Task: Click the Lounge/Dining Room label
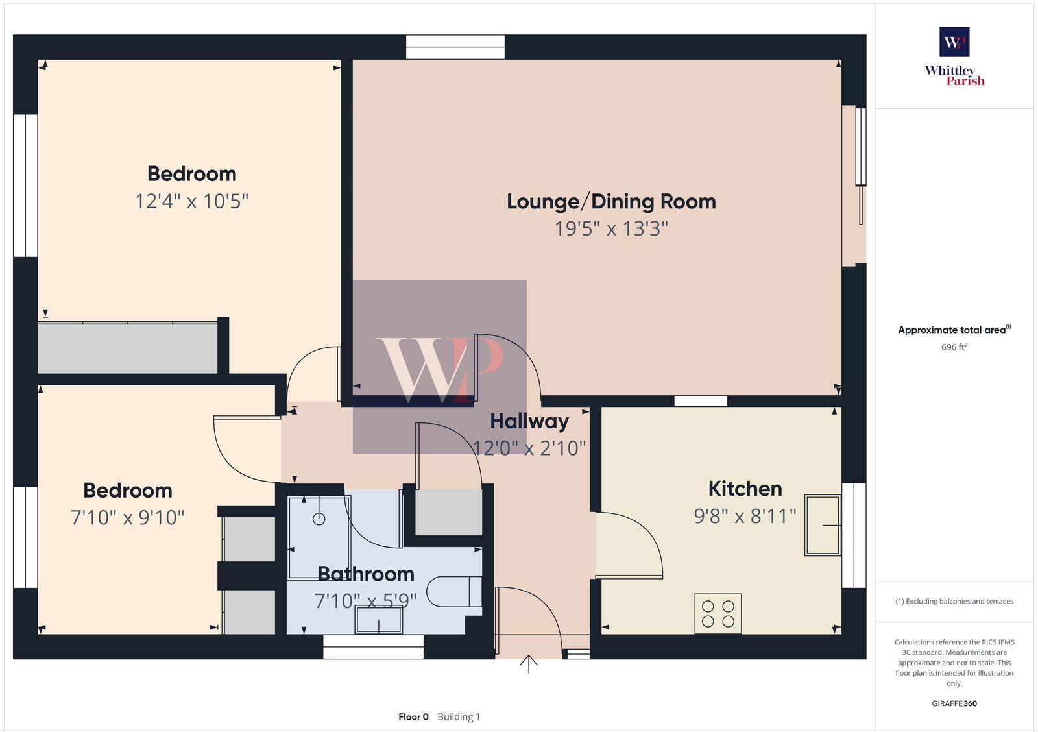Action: click(x=611, y=202)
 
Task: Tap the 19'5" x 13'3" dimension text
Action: click(x=611, y=229)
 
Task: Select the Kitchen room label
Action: click(x=745, y=489)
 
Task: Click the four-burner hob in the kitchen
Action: click(x=718, y=613)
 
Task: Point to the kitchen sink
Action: click(x=823, y=525)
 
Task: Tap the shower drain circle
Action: click(x=319, y=518)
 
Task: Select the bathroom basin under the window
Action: click(x=378, y=620)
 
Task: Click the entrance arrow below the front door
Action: click(x=529, y=664)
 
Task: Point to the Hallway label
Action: click(x=529, y=421)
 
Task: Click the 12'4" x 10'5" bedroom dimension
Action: click(x=191, y=201)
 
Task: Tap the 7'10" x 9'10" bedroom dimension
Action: click(x=128, y=518)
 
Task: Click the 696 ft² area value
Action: click(x=954, y=347)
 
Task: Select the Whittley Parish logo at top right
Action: click(x=954, y=57)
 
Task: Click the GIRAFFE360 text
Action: click(x=954, y=703)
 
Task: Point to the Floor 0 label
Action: click(x=413, y=717)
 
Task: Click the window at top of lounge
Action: click(x=455, y=47)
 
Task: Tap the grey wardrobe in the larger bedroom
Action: click(x=128, y=348)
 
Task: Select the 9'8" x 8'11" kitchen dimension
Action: click(x=745, y=517)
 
